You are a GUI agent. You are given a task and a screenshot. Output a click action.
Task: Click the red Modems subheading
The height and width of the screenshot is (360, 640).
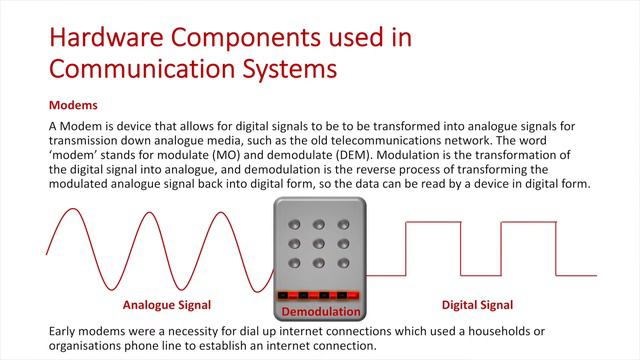72,104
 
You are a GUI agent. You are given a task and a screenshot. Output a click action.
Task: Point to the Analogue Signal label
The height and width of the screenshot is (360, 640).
167,305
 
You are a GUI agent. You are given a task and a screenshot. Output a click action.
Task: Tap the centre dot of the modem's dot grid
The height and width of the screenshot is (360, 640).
320,243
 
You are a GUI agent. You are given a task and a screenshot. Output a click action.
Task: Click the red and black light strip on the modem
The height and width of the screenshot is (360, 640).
320,296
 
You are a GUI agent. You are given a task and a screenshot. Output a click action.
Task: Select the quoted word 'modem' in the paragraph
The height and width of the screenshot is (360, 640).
71,157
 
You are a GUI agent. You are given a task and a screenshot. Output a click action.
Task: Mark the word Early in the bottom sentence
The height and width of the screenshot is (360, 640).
64,331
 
